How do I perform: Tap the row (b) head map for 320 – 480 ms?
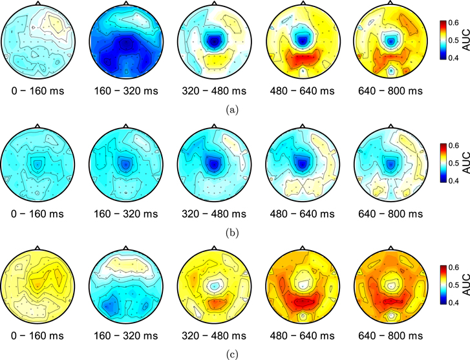(213, 164)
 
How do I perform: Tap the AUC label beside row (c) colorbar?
(464, 284)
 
